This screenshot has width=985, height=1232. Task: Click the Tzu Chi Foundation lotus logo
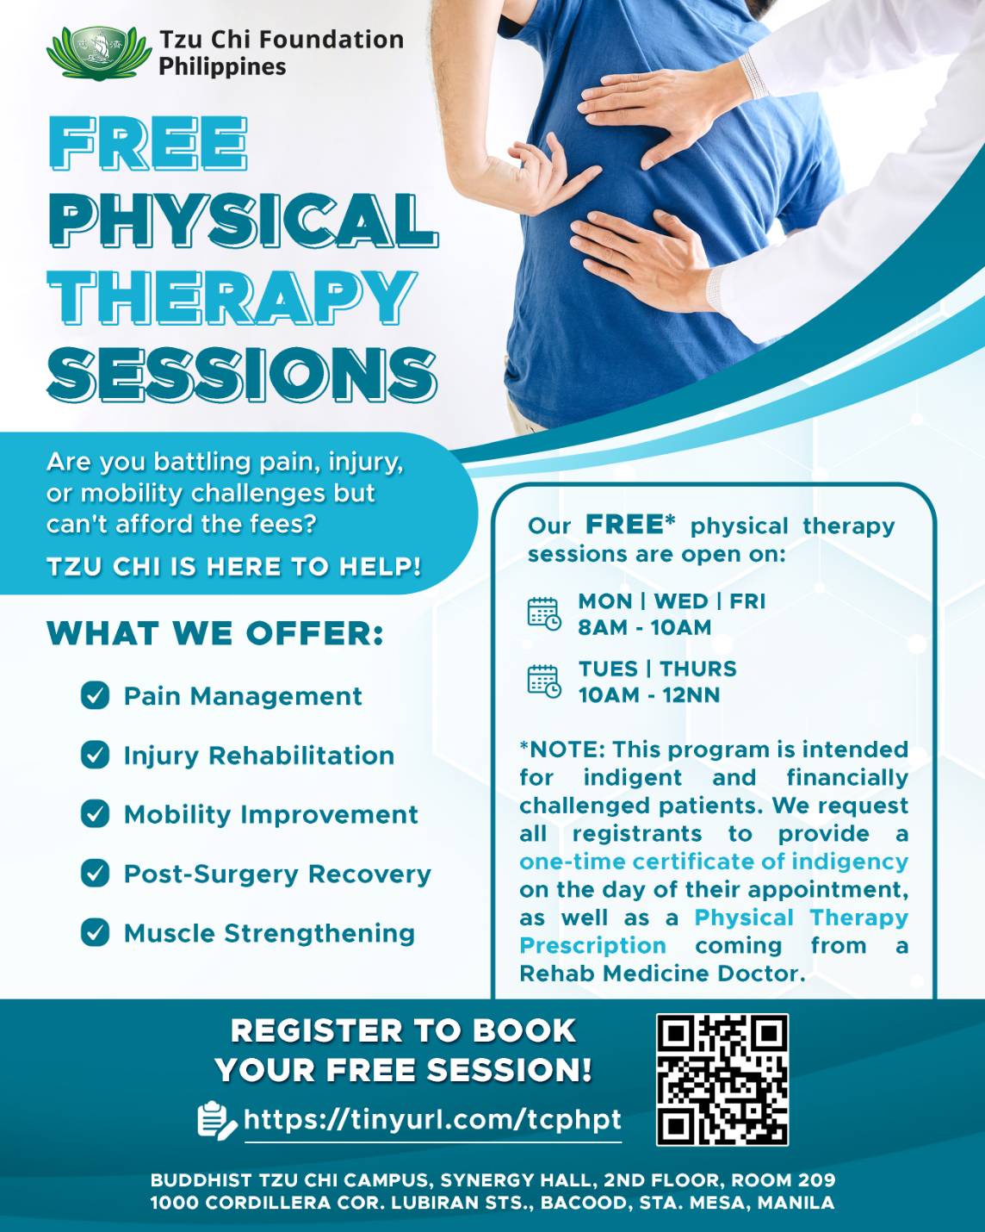[99, 53]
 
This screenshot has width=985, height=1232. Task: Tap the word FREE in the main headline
[148, 143]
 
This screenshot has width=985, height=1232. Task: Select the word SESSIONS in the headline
[242, 375]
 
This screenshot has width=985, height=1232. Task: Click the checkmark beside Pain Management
[95, 695]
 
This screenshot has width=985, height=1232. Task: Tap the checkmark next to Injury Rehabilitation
[95, 755]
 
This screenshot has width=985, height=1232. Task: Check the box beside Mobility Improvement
[95, 813]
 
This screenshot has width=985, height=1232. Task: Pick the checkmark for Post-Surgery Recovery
[95, 873]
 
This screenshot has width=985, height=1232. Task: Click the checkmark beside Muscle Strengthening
[95, 932]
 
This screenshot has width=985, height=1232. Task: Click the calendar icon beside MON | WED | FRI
[543, 613]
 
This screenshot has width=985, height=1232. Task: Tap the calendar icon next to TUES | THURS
[543, 681]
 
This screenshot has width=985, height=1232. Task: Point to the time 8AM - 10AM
[644, 627]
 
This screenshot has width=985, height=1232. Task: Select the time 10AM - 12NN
[649, 695]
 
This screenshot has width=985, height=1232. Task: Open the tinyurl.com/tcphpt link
[433, 1119]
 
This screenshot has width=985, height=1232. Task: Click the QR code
[722, 1080]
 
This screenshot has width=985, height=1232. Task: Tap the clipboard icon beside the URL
[216, 1120]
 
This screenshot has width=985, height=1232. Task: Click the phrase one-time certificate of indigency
[714, 862]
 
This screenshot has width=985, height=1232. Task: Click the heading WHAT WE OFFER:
[215, 633]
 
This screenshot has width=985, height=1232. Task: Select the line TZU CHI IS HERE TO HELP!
[234, 567]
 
